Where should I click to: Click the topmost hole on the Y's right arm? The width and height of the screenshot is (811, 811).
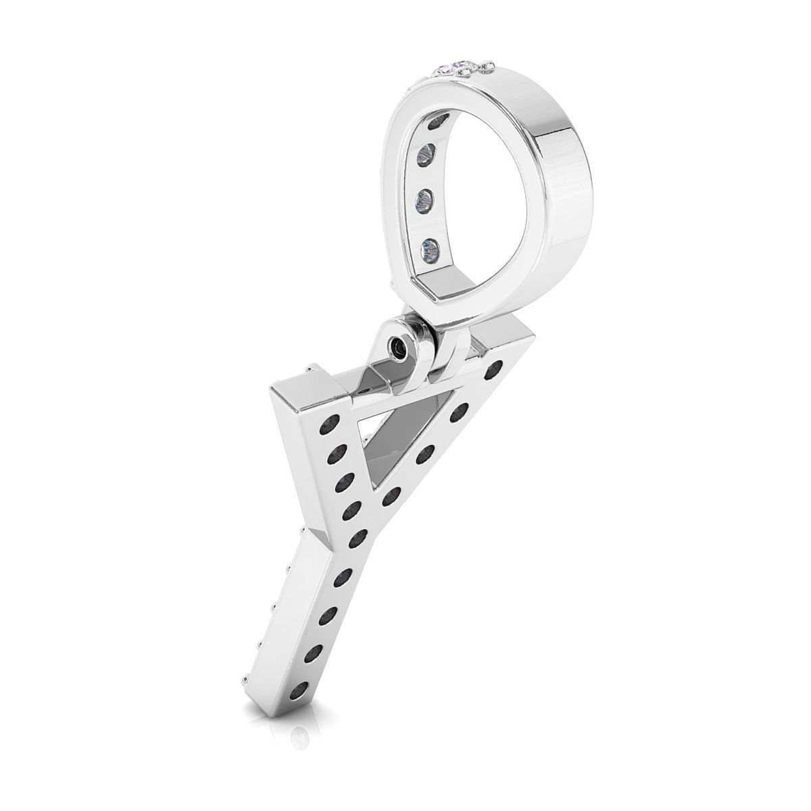click(x=499, y=368)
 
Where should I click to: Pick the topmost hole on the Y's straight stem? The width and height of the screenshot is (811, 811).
click(x=345, y=576)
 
